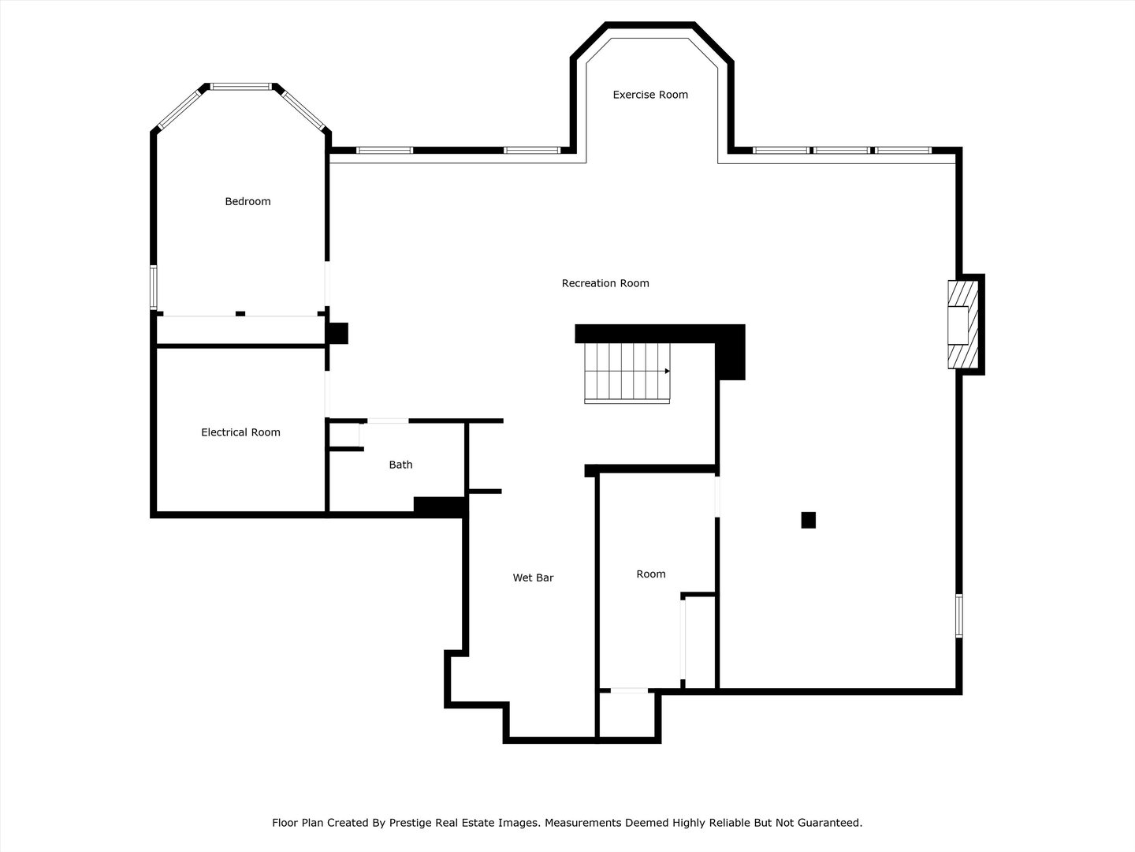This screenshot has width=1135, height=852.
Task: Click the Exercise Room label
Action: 650,95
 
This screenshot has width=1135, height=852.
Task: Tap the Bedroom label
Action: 247,201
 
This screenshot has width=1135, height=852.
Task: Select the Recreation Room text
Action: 605,283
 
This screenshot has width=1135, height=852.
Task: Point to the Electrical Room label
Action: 240,432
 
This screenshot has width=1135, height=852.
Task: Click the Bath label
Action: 400,465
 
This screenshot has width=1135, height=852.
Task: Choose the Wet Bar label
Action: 533,577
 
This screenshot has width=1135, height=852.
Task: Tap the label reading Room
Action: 651,574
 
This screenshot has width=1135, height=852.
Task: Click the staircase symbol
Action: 627,372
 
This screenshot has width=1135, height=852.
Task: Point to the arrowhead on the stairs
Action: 667,371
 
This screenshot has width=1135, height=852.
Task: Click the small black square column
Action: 808,520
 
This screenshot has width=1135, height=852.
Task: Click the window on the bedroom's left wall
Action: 154,288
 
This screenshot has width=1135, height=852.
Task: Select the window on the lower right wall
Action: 959,615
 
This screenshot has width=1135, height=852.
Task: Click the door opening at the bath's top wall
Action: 388,421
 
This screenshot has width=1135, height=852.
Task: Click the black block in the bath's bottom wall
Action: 438,506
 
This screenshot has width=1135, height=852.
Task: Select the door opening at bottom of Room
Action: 629,691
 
